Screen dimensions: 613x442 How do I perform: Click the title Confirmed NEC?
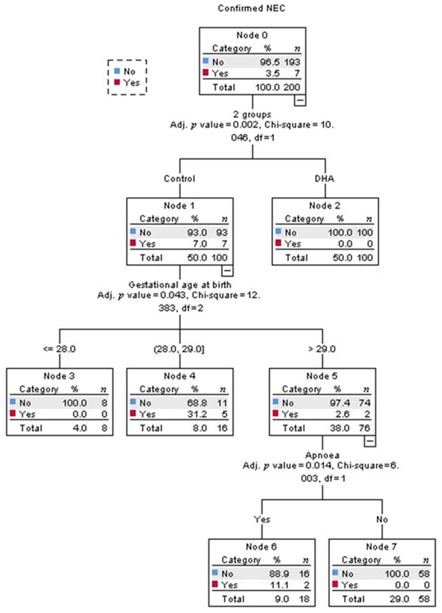(251, 8)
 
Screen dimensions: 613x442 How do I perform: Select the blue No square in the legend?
(117, 71)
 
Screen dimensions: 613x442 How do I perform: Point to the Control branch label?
(180, 179)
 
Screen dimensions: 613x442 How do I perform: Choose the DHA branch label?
(325, 179)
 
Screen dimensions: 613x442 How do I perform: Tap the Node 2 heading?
(325, 206)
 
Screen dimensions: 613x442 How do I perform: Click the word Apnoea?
(322, 455)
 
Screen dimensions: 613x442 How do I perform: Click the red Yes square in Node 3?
(13, 413)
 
